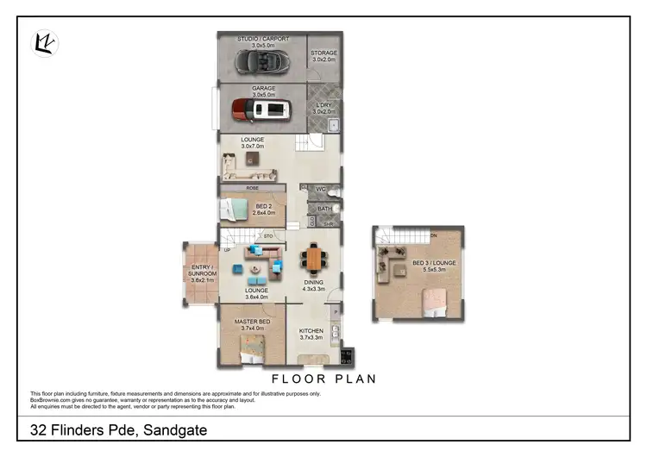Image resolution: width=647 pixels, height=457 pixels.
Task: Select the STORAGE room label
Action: pyautogui.click(x=324, y=53)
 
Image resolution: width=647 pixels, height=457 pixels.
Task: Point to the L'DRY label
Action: pyautogui.click(x=323, y=106)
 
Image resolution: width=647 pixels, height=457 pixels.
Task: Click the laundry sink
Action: pyautogui.click(x=334, y=124)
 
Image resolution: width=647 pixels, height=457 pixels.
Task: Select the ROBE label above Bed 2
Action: pyautogui.click(x=253, y=187)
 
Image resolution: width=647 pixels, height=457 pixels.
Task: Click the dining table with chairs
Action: pyautogui.click(x=313, y=258)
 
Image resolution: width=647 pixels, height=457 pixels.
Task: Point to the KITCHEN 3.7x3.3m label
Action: pyautogui.click(x=311, y=335)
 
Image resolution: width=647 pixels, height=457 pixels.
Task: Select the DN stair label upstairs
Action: pyautogui.click(x=433, y=234)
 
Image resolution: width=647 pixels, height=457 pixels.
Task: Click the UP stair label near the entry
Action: pyautogui.click(x=226, y=249)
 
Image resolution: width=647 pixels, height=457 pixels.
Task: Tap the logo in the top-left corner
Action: pyautogui.click(x=45, y=43)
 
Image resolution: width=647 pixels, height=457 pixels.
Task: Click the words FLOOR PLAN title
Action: pyautogui.click(x=323, y=379)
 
